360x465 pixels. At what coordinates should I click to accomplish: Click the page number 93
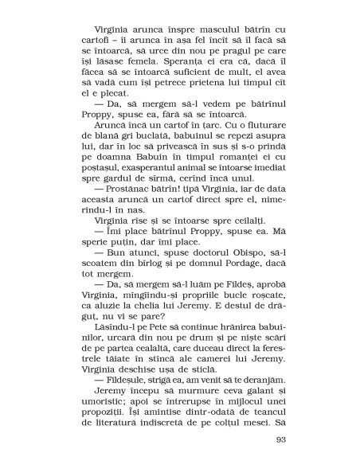tap(279, 440)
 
